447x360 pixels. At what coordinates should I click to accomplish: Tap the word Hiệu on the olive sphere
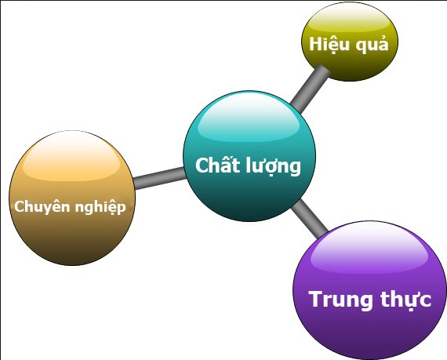click(328, 44)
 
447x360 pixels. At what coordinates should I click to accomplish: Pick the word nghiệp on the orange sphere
click(100, 208)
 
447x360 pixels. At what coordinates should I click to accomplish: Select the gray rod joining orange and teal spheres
click(159, 179)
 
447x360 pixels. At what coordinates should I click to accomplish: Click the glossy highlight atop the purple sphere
click(369, 247)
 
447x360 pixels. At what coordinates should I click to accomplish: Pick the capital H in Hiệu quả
click(315, 44)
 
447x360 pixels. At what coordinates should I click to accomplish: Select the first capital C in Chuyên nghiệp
click(20, 207)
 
